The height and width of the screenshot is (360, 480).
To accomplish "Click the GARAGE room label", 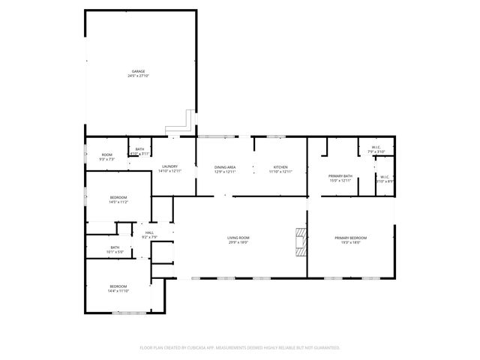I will point(139,71).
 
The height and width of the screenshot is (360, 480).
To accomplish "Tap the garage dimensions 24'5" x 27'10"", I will point(139,76).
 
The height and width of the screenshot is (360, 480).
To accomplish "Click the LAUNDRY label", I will point(169,166).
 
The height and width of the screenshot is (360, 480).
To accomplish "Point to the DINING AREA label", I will point(226,166).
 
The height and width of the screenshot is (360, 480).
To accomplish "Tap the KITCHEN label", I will point(280,166).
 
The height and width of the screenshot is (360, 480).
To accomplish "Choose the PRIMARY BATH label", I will point(340,176).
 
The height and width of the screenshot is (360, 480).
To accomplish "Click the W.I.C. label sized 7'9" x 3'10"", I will point(376,147).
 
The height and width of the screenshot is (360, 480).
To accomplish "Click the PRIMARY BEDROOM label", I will point(351,238).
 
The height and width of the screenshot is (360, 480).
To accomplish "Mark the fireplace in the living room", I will point(301,242).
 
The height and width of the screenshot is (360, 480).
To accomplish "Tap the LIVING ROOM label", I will point(238,238).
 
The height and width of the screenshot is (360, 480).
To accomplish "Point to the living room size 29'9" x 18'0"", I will point(238,242).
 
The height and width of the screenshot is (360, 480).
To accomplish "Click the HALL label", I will point(148,233).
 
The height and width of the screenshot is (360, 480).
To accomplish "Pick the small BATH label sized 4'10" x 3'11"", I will point(139,149).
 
